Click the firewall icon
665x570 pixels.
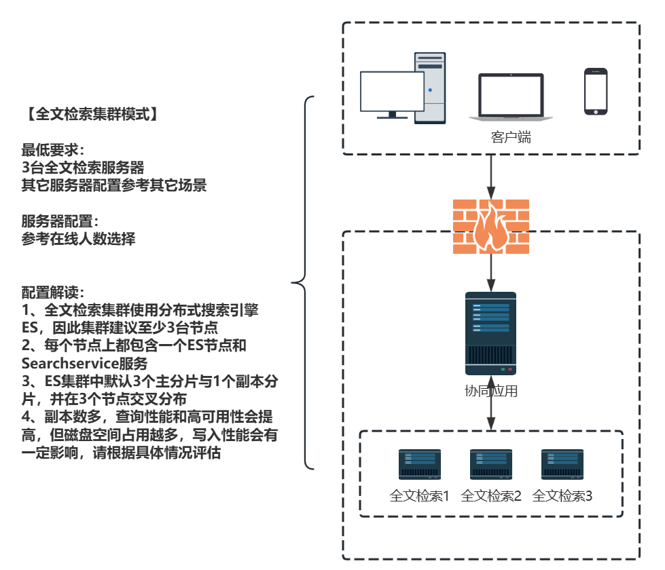(x=490, y=227)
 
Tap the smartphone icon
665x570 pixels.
(x=596, y=92)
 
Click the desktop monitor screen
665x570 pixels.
(x=392, y=92)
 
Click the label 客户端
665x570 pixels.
(x=511, y=138)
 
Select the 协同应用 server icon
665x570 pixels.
(x=490, y=333)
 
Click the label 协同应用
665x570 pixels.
(x=490, y=391)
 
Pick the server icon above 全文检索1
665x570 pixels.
(x=419, y=465)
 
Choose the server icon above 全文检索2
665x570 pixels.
(x=490, y=465)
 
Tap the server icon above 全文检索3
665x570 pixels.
(x=562, y=465)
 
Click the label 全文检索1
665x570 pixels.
(x=420, y=495)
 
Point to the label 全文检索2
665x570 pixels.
(x=491, y=495)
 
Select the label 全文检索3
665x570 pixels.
(x=562, y=495)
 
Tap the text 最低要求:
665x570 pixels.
(x=53, y=149)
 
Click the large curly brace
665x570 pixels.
(x=303, y=282)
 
